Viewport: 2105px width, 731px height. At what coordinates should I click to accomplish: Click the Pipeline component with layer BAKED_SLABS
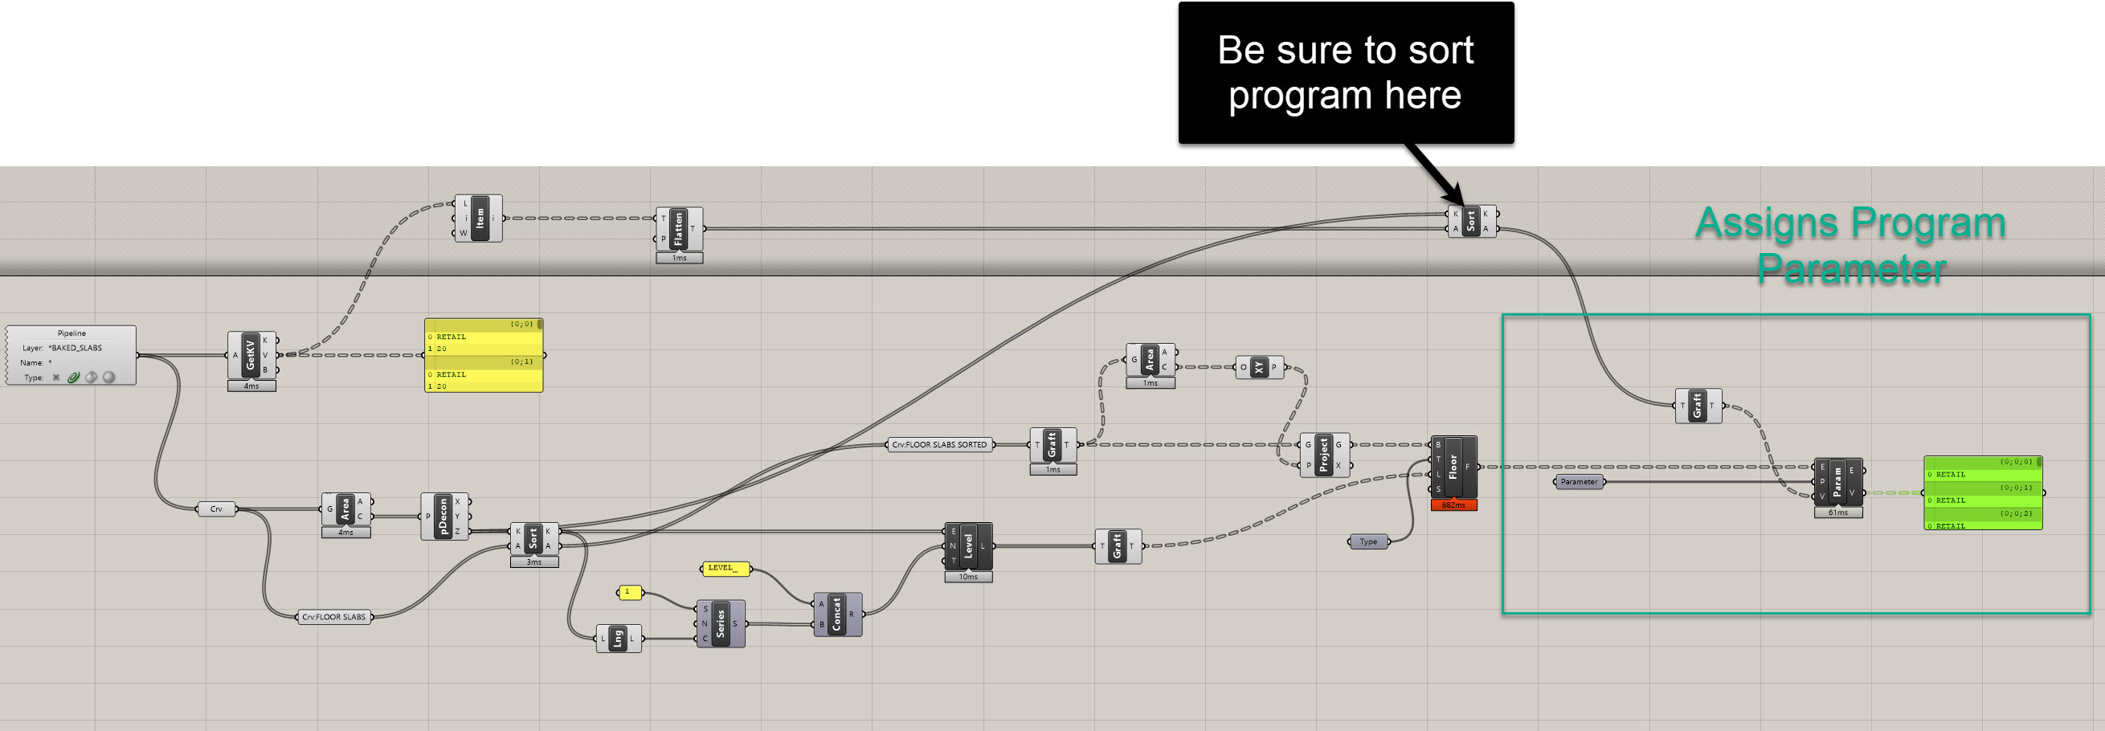71,355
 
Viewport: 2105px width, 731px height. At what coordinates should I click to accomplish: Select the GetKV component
251,354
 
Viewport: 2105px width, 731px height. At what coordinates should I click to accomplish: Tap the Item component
480,218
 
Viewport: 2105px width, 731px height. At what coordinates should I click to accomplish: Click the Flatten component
678,229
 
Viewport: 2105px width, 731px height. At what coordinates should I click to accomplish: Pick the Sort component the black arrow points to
1471,222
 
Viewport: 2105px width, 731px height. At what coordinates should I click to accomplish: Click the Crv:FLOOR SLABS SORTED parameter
940,445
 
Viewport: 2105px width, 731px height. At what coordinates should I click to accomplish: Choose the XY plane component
1259,368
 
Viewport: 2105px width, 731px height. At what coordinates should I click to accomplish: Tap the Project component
1324,455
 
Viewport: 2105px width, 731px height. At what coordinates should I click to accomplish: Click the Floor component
1453,467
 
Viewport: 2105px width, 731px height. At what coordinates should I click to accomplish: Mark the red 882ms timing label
1453,505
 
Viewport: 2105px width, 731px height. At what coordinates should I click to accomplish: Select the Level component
968,545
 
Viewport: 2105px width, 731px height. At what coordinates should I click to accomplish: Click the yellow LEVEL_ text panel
724,569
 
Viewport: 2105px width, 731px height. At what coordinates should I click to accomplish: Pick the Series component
720,623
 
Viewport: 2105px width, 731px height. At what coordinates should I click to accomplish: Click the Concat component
836,615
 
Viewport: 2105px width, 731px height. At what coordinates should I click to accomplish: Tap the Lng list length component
618,639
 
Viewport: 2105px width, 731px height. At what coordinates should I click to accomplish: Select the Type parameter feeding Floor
1368,541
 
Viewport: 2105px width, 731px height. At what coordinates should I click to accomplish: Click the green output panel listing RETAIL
1982,493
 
